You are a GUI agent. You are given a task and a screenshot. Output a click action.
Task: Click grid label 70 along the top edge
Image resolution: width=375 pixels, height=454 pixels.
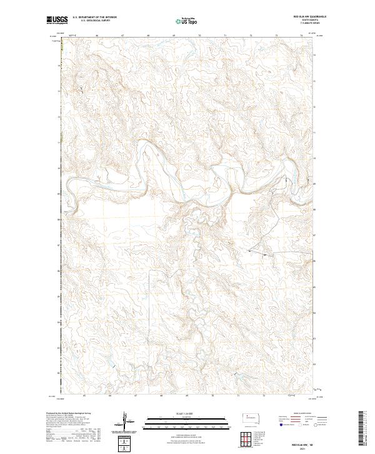pyautogui.click(x=199, y=36)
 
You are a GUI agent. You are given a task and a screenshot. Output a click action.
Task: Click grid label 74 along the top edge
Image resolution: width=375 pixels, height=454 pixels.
pyautogui.click(x=301, y=36)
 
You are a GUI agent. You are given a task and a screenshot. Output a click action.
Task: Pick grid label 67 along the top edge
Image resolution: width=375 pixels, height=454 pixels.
pyautogui.click(x=122, y=36)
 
